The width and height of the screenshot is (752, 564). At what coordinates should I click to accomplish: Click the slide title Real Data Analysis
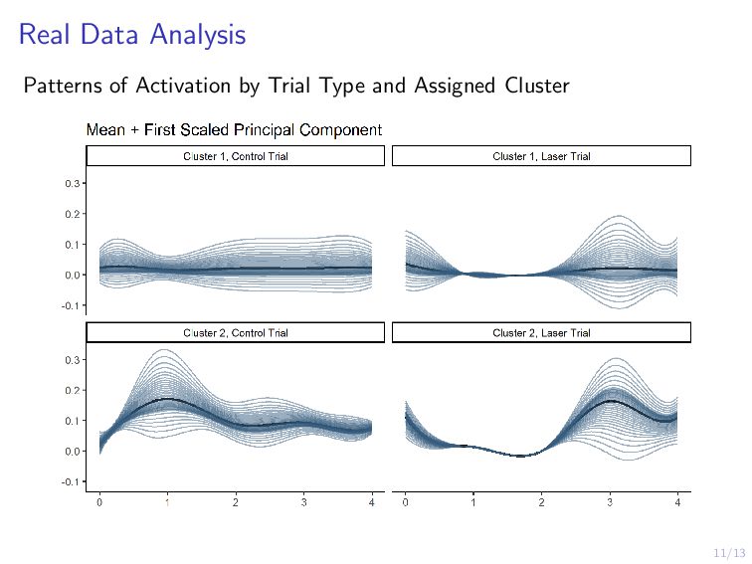click(132, 35)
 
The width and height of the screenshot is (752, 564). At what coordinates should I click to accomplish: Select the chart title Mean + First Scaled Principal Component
click(234, 130)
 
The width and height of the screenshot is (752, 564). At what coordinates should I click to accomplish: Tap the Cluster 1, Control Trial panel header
click(236, 156)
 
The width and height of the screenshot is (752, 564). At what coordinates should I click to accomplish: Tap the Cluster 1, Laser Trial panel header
click(541, 156)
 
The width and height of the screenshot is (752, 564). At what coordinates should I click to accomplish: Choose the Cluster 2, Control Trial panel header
click(236, 332)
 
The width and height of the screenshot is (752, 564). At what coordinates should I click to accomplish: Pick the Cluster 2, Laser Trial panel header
click(541, 332)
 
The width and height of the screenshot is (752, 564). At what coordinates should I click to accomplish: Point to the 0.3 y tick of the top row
click(73, 183)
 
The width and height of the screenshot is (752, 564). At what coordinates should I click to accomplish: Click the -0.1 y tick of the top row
click(72, 304)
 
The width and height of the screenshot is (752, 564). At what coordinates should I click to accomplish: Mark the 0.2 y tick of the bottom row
click(73, 390)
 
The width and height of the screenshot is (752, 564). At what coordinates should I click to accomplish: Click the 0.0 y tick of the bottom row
click(73, 451)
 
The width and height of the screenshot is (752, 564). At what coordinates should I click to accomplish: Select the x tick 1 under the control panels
click(167, 502)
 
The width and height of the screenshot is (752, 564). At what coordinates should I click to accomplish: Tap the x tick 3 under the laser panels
click(610, 502)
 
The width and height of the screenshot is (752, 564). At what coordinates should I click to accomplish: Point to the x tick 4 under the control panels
click(371, 502)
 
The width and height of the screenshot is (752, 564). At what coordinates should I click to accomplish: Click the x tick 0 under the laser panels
click(406, 502)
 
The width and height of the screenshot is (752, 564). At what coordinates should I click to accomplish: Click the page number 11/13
click(729, 551)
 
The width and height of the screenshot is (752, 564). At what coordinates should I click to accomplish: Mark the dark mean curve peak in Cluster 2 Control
click(167, 399)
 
